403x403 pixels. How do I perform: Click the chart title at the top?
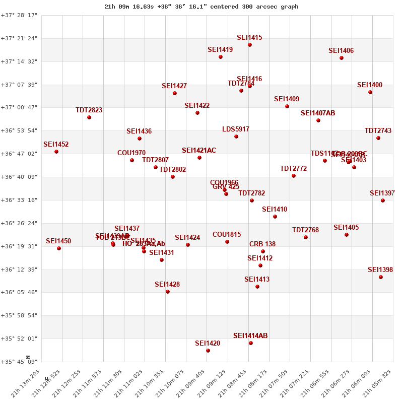(201, 7)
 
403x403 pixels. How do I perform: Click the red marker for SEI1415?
(250, 45)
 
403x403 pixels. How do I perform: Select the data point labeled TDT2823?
(89, 117)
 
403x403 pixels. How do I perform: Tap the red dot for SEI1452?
(56, 152)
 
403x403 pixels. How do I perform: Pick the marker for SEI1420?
(208, 351)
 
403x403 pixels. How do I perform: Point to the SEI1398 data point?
(381, 277)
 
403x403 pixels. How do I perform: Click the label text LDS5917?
(236, 129)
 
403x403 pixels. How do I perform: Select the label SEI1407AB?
(318, 113)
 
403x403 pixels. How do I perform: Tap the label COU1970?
(131, 153)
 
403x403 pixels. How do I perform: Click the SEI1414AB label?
(250, 336)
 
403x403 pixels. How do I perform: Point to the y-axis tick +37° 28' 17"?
(19, 16)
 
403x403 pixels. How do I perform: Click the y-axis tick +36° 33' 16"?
(19, 200)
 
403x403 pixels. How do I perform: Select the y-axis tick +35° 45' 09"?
(19, 362)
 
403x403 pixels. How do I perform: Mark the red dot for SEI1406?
(342, 58)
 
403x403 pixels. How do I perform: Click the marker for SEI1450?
(59, 248)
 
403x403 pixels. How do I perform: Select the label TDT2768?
(305, 230)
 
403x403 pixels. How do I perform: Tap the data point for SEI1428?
(168, 292)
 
